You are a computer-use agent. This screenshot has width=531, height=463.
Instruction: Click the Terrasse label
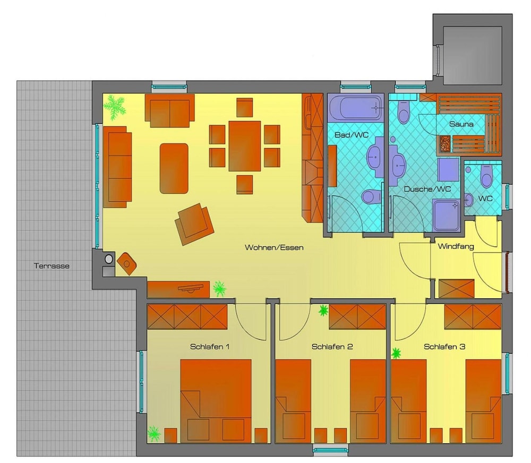[x=52, y=266]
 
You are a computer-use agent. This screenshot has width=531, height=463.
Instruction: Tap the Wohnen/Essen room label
[x=274, y=247]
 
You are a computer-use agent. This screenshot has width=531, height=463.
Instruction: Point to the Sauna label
[x=461, y=124]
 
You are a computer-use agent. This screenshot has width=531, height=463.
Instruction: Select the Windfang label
[x=456, y=246]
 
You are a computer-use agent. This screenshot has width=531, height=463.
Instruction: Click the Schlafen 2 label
[x=332, y=347]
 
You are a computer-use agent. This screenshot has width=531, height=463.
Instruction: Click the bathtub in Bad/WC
[x=355, y=107]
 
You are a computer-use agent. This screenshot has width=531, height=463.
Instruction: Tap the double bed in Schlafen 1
[x=216, y=401]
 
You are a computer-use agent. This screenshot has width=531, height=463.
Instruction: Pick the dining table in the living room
[x=244, y=146]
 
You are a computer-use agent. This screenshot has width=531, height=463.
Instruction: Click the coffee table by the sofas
[x=174, y=168]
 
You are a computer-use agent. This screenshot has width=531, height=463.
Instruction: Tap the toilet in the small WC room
[x=486, y=176]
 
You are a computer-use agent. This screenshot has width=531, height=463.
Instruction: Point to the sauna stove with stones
[x=445, y=143]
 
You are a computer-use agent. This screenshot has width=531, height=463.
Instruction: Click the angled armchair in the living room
[x=194, y=224]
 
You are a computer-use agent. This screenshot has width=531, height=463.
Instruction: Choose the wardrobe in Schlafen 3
[x=473, y=316]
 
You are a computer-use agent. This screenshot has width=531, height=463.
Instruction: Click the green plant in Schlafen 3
[x=396, y=353]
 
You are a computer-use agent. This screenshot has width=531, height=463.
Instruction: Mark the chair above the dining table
[x=244, y=107]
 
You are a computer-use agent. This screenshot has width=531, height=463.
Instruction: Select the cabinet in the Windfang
[x=456, y=288]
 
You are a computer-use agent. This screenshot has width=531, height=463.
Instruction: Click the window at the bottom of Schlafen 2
[x=330, y=450]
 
